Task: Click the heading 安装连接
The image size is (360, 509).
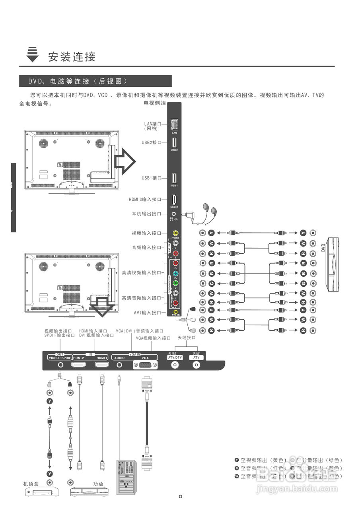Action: tap(72, 56)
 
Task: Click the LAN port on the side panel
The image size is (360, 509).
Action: tap(174, 124)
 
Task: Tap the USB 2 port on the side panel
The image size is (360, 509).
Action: tap(174, 142)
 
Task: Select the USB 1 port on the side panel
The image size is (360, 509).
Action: tap(174, 178)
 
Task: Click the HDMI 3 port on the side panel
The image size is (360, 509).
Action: tap(174, 200)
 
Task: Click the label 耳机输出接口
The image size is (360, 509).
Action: tap(146, 214)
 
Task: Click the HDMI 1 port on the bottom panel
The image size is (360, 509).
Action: tap(102, 364)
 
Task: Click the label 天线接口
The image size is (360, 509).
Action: tap(187, 338)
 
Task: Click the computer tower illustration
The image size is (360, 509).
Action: tap(126, 476)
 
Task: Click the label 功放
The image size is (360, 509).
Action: tap(98, 484)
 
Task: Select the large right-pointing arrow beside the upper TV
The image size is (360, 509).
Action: tap(125, 161)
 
